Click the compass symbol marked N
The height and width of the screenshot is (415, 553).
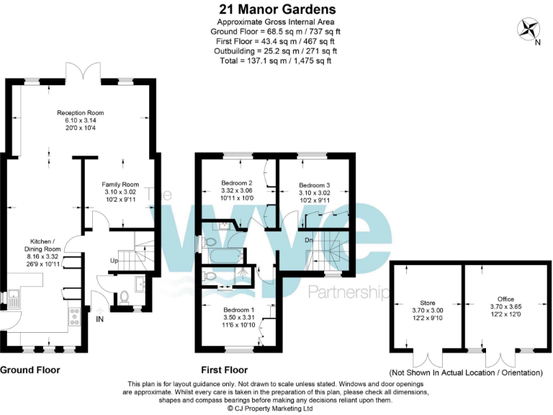[531, 29]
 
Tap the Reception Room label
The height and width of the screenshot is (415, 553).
[81, 120]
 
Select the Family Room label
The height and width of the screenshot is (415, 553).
[120, 192]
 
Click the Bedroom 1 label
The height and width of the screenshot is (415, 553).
[227, 316]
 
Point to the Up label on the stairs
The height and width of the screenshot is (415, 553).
[114, 260]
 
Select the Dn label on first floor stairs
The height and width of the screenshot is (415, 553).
[308, 241]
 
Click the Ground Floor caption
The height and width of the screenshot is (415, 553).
[30, 370]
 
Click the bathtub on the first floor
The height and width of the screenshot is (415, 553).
[225, 255]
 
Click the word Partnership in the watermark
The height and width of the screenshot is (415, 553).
[349, 292]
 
